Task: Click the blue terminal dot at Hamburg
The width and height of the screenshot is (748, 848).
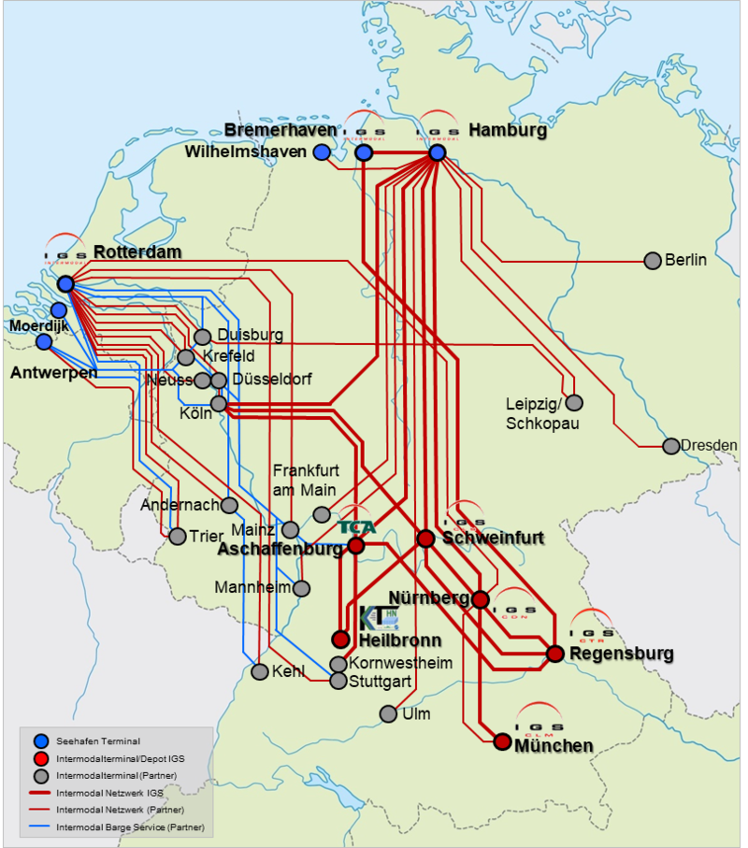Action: click(x=437, y=152)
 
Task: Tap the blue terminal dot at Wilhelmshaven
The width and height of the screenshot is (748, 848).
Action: click(x=322, y=151)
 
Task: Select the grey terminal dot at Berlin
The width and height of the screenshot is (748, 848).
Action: click(x=653, y=260)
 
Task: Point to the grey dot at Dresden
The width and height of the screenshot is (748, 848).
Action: click(x=670, y=446)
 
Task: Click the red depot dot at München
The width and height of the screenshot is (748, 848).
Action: click(x=502, y=742)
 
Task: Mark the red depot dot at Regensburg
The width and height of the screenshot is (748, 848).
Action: click(x=554, y=654)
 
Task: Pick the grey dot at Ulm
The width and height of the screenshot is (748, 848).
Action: click(x=388, y=714)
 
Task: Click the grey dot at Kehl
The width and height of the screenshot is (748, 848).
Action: click(x=259, y=671)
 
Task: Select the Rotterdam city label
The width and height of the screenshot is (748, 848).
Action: click(x=137, y=252)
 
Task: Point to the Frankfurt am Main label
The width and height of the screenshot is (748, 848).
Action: click(x=306, y=480)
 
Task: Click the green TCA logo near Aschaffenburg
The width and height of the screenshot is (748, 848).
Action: click(x=357, y=526)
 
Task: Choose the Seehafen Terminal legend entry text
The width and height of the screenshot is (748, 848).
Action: click(x=98, y=741)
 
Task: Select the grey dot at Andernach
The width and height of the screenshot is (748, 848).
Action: click(x=229, y=505)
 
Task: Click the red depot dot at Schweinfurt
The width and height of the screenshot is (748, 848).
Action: click(x=425, y=539)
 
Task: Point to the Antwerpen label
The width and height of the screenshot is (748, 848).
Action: click(x=54, y=373)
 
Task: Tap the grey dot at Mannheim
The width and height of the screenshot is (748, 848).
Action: click(x=301, y=588)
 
